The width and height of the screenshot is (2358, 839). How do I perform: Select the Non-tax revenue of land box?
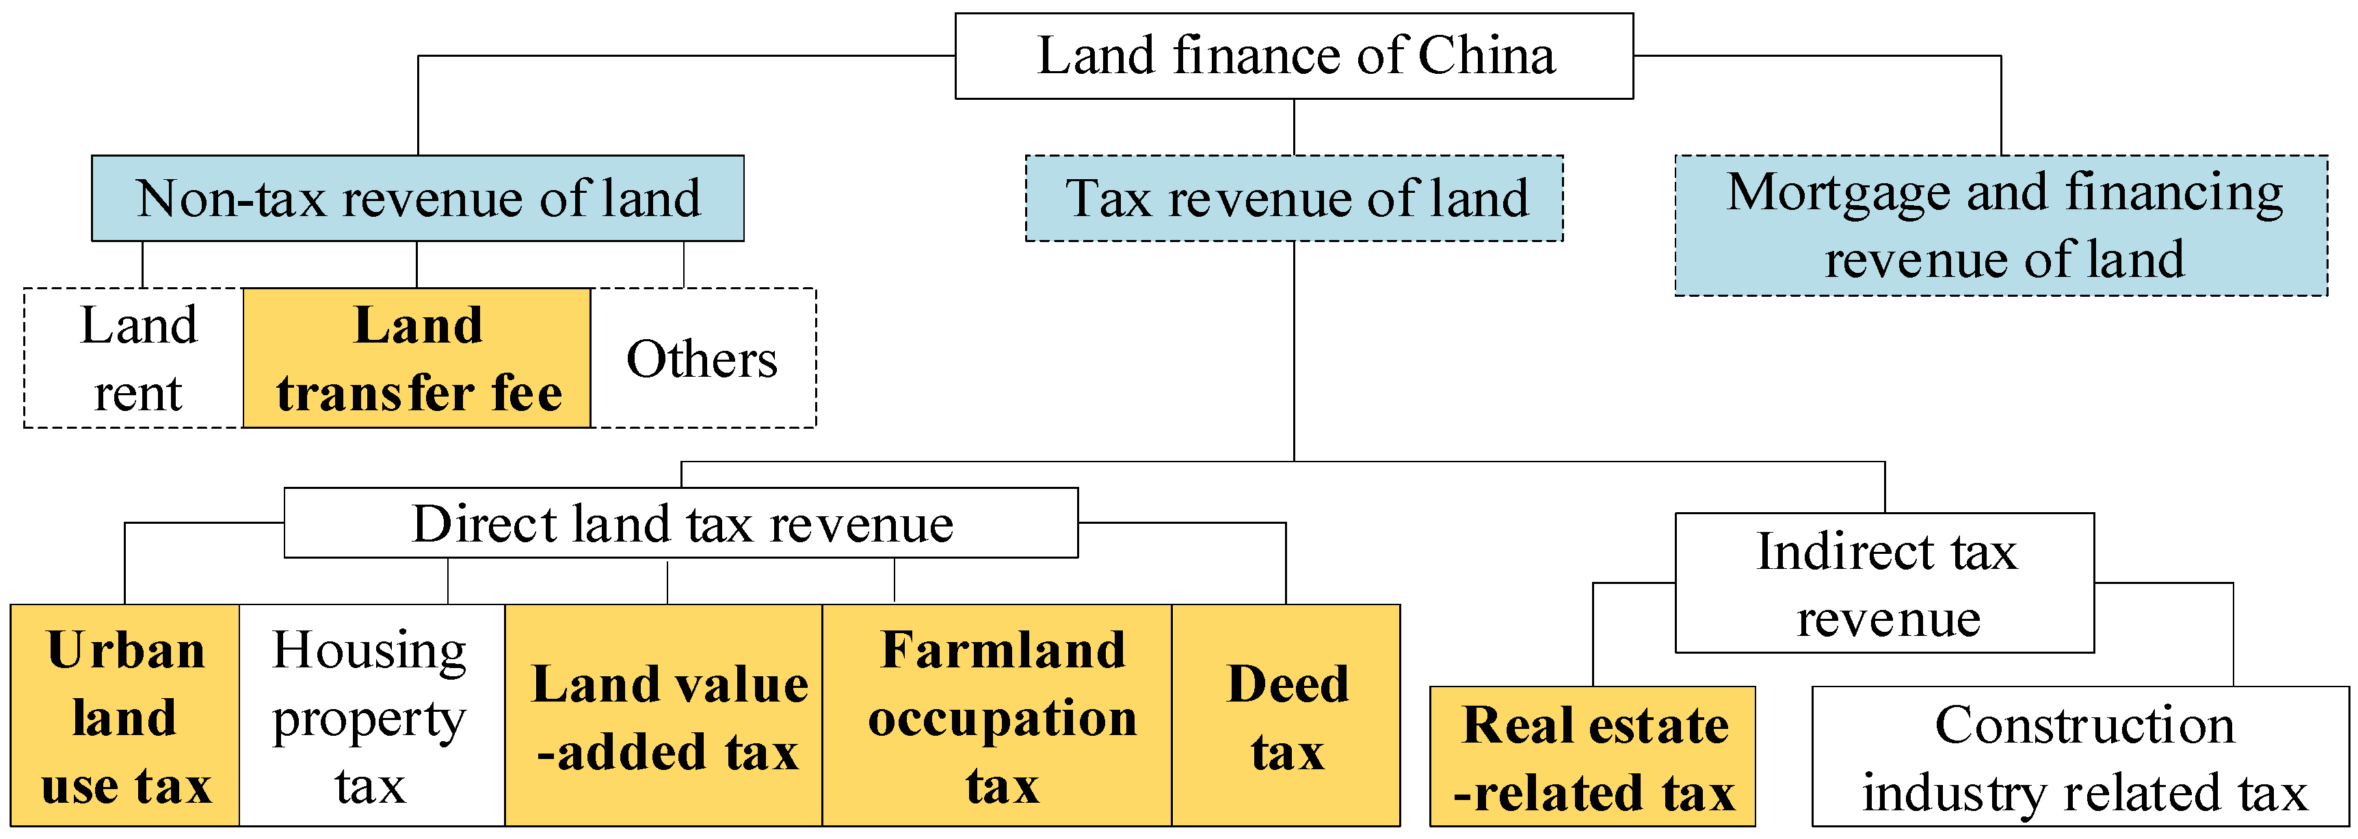point(417,198)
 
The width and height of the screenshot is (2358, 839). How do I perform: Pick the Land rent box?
point(135,358)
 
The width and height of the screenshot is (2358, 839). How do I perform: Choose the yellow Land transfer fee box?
point(417,358)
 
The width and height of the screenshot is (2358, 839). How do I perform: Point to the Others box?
point(702,358)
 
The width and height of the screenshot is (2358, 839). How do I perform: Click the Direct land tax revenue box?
point(681,523)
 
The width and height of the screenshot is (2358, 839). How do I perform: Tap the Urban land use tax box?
point(125,715)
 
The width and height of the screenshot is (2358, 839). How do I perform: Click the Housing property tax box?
point(371,715)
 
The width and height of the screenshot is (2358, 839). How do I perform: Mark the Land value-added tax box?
point(665,715)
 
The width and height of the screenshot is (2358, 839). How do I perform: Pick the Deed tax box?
point(1286,715)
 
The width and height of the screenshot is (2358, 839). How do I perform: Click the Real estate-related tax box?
point(1593,757)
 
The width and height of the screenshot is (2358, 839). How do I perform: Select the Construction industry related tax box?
point(2080,757)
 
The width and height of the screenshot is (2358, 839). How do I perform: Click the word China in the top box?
point(1487,56)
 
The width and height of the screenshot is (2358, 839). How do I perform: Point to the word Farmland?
point(1003,650)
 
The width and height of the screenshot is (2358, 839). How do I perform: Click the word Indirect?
point(1844,552)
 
